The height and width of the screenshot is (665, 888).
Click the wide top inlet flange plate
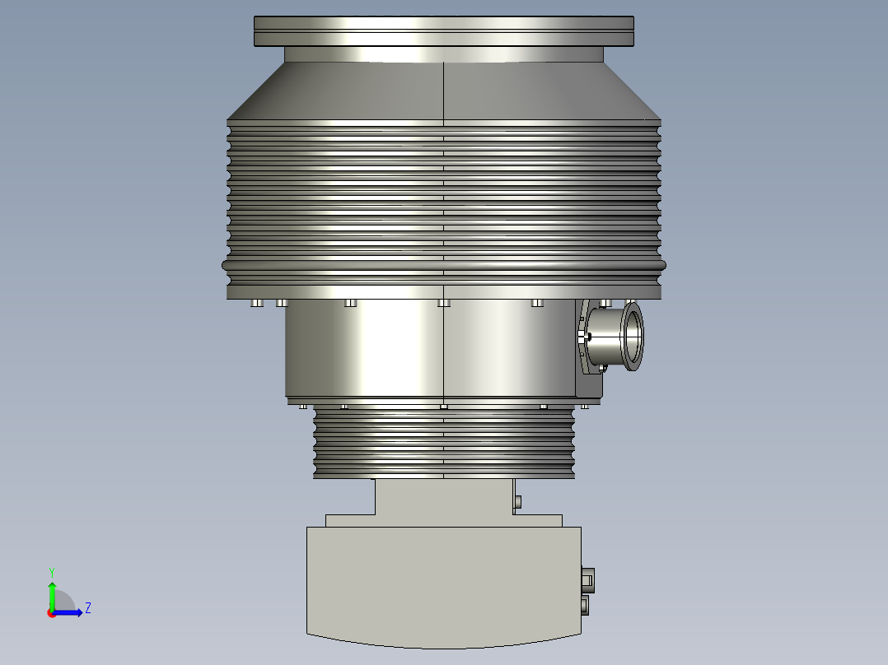tap(443, 31)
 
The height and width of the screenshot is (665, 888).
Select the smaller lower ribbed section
tap(443, 444)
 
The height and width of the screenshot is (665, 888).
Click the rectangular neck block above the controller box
tap(443, 497)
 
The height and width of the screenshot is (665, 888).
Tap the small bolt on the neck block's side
tap(517, 501)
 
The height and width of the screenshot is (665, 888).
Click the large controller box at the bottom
tap(443, 584)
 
